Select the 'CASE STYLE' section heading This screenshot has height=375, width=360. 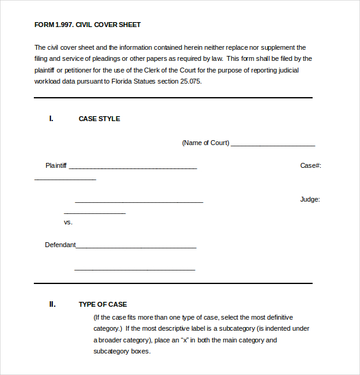coord(99,119)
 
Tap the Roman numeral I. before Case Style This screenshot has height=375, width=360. coord(51,119)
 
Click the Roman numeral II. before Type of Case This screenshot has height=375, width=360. coord(52,304)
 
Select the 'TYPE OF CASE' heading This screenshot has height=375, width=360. coord(103,304)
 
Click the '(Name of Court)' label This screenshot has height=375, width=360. coord(206,143)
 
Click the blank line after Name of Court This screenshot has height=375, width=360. coord(273,144)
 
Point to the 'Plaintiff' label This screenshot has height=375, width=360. coord(56,165)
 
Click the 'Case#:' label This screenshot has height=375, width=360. coord(310,165)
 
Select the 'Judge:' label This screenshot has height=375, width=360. coord(310,199)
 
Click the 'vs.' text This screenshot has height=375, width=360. coord(68,222)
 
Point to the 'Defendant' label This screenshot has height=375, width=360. coord(60,245)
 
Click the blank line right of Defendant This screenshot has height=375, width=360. coord(136,247)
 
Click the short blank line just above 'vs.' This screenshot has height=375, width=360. coord(95,213)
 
